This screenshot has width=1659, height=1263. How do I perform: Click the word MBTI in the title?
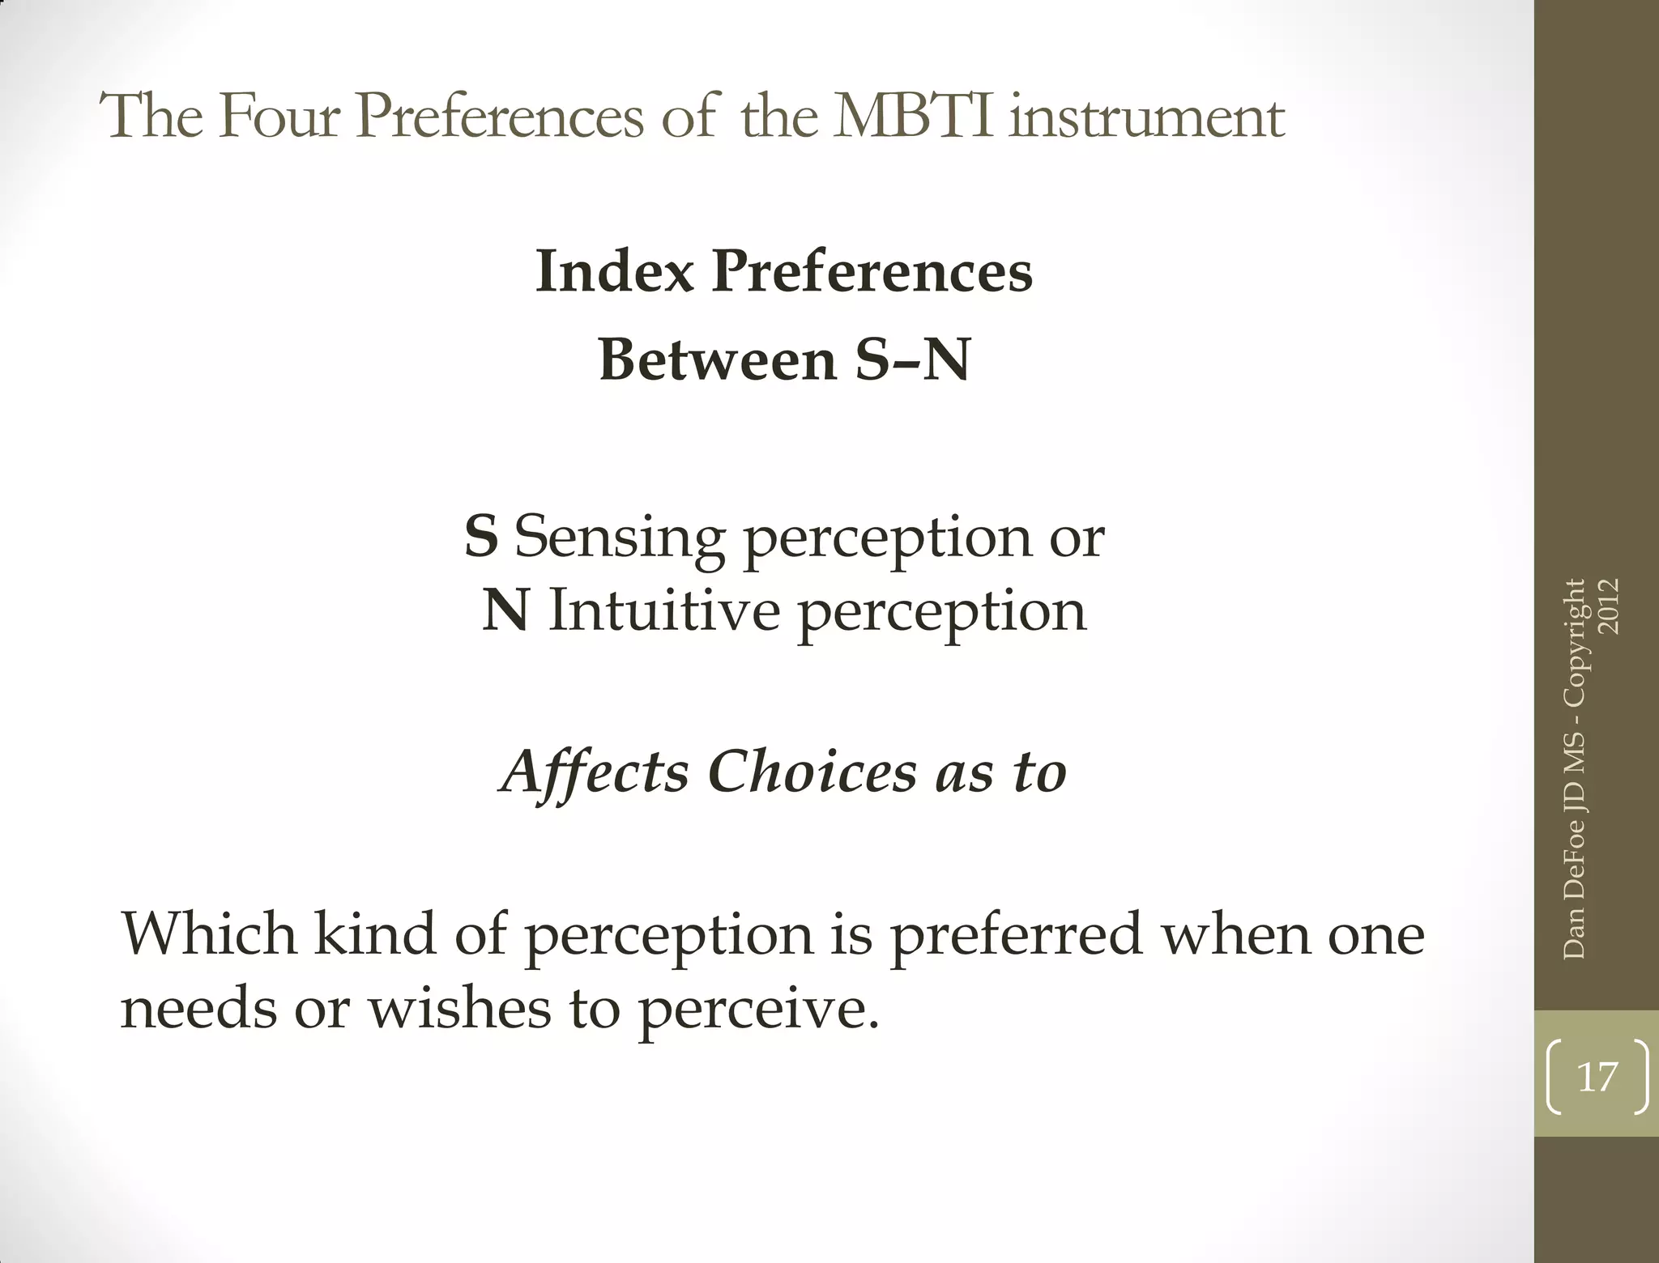(x=914, y=117)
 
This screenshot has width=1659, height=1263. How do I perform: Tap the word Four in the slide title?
(x=279, y=117)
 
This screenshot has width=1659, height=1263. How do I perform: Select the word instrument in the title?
(x=1148, y=117)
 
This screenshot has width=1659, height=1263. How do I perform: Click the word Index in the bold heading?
(x=615, y=271)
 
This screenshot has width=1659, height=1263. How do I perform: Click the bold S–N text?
(x=912, y=359)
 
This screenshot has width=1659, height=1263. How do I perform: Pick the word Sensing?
(x=620, y=538)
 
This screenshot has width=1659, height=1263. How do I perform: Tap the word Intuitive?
(x=664, y=610)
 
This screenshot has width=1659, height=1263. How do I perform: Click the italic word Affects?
(x=596, y=772)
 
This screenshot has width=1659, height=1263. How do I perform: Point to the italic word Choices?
(x=812, y=772)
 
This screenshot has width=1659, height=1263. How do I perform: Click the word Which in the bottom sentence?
(x=209, y=933)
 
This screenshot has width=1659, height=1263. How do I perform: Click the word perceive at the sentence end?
(x=758, y=1010)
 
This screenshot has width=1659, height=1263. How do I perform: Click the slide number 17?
(x=1597, y=1078)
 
